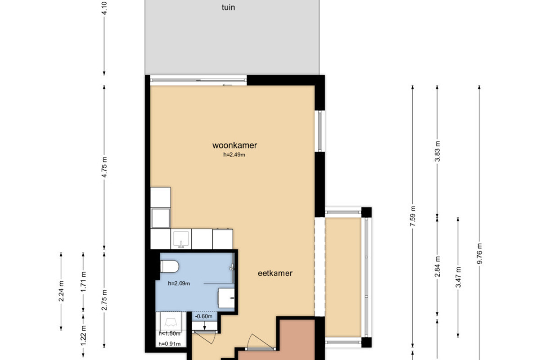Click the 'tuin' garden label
click(x=228, y=8)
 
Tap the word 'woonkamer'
click(x=234, y=145)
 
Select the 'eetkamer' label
click(x=275, y=273)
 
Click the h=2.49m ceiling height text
click(x=234, y=154)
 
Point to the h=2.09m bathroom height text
click(x=179, y=283)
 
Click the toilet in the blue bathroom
click(x=170, y=266)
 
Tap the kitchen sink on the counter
click(x=181, y=239)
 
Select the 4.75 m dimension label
click(x=104, y=167)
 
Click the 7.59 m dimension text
click(x=413, y=216)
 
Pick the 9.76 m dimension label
click(x=480, y=253)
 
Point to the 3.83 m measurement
click(x=437, y=151)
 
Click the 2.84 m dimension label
click(x=437, y=267)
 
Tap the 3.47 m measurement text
click(x=458, y=277)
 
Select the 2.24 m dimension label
click(x=61, y=291)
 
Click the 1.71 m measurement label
click(x=83, y=281)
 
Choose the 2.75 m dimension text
click(x=104, y=300)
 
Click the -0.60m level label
click(x=204, y=316)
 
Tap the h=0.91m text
click(x=170, y=344)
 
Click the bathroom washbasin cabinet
click(x=226, y=298)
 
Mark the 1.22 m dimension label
click(x=83, y=335)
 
